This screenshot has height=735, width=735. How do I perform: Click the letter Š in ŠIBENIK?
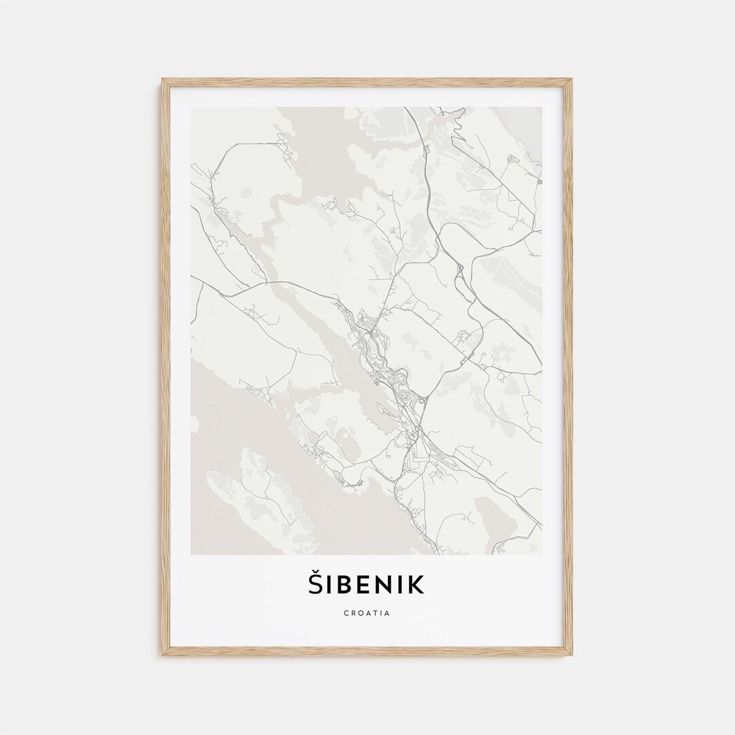click(317, 584)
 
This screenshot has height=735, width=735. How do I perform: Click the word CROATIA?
click(367, 613)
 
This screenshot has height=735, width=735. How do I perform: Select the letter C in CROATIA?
click(347, 613)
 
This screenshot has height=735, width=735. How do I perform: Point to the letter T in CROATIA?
click(376, 613)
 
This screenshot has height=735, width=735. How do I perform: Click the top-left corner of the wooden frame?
click(163, 80)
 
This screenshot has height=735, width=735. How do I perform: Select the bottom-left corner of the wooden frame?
click(163, 654)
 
